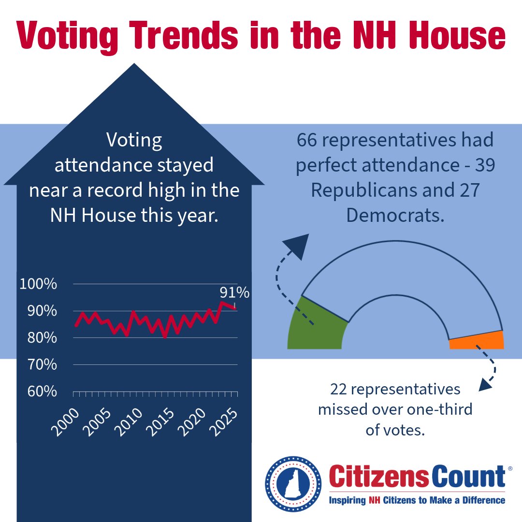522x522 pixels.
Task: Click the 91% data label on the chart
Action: point(234,293)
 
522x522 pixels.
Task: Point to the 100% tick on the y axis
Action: point(38,284)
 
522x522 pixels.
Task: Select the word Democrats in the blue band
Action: point(395,215)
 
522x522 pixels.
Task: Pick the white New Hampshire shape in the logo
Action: point(293,481)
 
